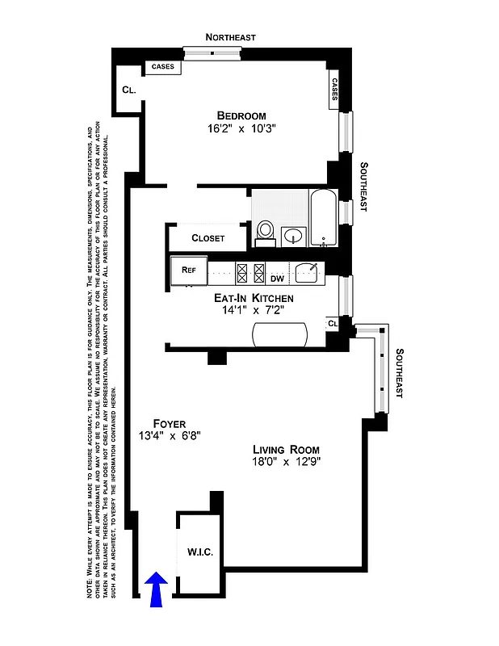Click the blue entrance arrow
click(x=157, y=587)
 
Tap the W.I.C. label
click(x=199, y=552)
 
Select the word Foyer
click(x=169, y=423)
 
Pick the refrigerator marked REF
click(x=189, y=271)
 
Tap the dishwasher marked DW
click(x=277, y=279)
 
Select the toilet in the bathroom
click(x=265, y=233)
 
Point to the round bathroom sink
click(x=294, y=236)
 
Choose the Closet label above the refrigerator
click(x=208, y=238)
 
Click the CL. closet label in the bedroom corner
click(x=128, y=90)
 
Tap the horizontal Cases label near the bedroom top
click(x=162, y=67)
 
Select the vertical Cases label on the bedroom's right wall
click(x=334, y=90)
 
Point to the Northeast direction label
click(x=230, y=37)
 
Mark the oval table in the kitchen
click(x=279, y=335)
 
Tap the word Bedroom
click(x=241, y=115)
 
